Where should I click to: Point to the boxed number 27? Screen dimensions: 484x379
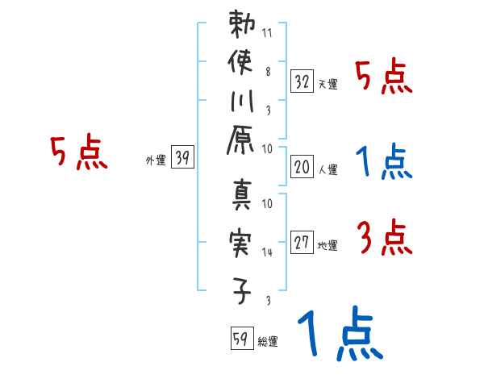click(x=302, y=242)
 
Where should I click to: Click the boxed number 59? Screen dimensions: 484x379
click(x=241, y=337)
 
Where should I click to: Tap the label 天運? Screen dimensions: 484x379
click(x=328, y=85)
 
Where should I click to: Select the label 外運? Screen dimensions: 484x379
click(x=156, y=161)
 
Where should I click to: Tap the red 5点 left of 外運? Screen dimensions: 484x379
click(x=78, y=153)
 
